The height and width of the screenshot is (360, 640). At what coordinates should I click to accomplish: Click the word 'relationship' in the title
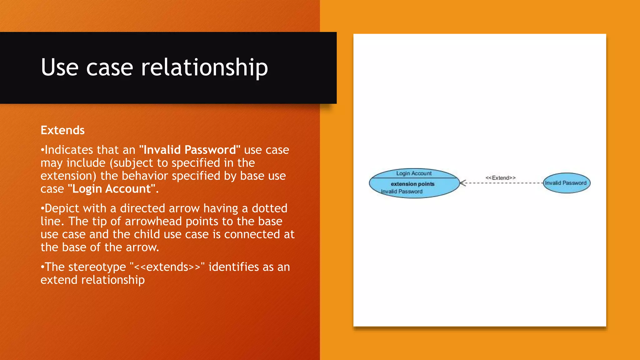(x=204, y=67)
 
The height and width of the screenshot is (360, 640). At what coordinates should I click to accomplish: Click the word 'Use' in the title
(x=59, y=67)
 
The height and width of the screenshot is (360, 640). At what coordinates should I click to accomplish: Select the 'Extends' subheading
(x=62, y=130)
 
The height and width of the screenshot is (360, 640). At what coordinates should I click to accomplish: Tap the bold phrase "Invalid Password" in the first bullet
(x=190, y=150)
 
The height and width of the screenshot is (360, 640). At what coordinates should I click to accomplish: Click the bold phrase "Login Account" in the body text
(x=112, y=189)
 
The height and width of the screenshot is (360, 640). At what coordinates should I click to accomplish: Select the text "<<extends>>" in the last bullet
(x=167, y=267)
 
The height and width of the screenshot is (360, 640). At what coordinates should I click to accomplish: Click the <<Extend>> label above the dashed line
(x=500, y=178)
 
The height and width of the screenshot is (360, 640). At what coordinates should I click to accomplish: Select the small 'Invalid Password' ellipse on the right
(x=566, y=183)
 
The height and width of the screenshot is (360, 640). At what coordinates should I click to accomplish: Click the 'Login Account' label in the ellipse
(x=414, y=173)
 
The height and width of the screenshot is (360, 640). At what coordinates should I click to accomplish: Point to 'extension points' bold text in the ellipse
(x=412, y=184)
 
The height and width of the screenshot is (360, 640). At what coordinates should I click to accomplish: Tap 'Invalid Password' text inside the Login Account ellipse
(x=402, y=192)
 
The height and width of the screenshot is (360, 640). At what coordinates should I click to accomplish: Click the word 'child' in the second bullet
(x=146, y=234)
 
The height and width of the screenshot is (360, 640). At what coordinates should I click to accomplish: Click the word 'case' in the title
(x=109, y=67)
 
